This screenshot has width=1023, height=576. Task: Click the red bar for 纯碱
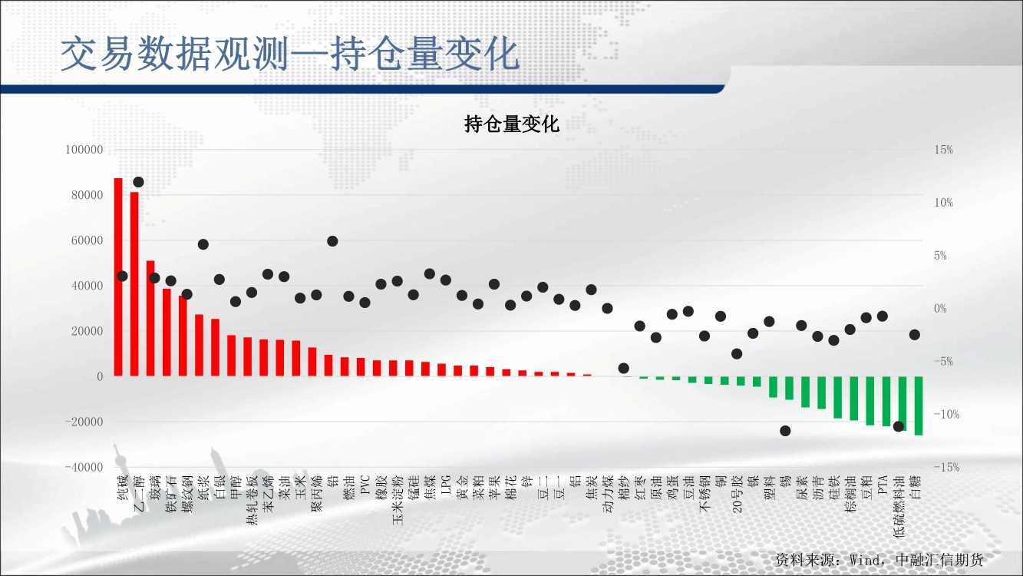coord(118,277)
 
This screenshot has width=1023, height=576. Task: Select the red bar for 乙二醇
coord(134,284)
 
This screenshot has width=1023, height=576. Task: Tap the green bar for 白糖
coord(919,406)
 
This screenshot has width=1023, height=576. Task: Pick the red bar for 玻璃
coord(150,318)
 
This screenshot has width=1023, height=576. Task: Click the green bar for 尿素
coord(805,392)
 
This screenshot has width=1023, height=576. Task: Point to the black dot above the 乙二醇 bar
coord(138,182)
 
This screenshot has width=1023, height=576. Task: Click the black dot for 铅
coord(332,241)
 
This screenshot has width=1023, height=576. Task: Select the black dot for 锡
coord(785,431)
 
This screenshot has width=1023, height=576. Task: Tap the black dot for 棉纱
coord(623,368)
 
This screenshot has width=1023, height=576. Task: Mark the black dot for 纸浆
coord(203,244)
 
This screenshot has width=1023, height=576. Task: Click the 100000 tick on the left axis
coord(84,150)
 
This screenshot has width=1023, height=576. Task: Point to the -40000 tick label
coord(84,467)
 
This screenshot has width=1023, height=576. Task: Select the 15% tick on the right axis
coord(943,150)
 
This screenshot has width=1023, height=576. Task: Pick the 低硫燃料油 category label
coord(899,507)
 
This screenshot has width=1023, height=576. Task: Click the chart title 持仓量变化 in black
coord(511,124)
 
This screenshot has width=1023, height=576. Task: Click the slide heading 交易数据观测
coord(174,55)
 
